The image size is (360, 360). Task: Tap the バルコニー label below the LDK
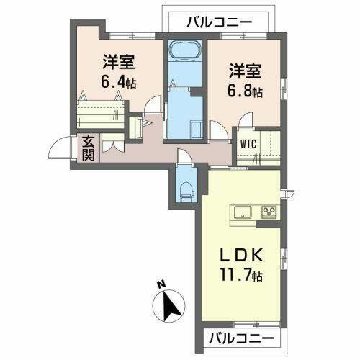coord(241,337)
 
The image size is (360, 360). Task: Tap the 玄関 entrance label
coord(86,148)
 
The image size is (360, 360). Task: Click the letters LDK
coord(240,256)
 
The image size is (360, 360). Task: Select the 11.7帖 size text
coord(240,274)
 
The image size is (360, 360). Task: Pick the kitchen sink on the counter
coord(240,212)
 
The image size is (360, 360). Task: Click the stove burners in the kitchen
coord(269,212)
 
